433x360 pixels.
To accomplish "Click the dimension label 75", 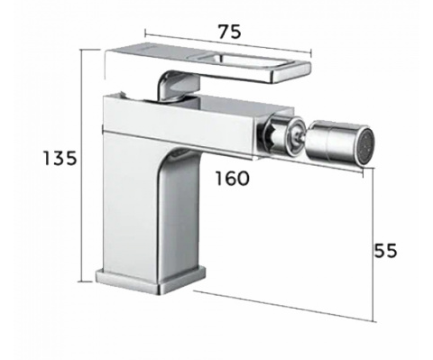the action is [x=229, y=32].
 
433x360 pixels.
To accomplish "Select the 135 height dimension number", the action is [x=60, y=158].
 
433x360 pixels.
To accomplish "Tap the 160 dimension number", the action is [x=233, y=178].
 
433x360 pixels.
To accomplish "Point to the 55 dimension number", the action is [x=385, y=250].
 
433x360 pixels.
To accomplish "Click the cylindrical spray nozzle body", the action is [x=334, y=142].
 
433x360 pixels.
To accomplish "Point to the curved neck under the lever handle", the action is [x=178, y=86].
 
